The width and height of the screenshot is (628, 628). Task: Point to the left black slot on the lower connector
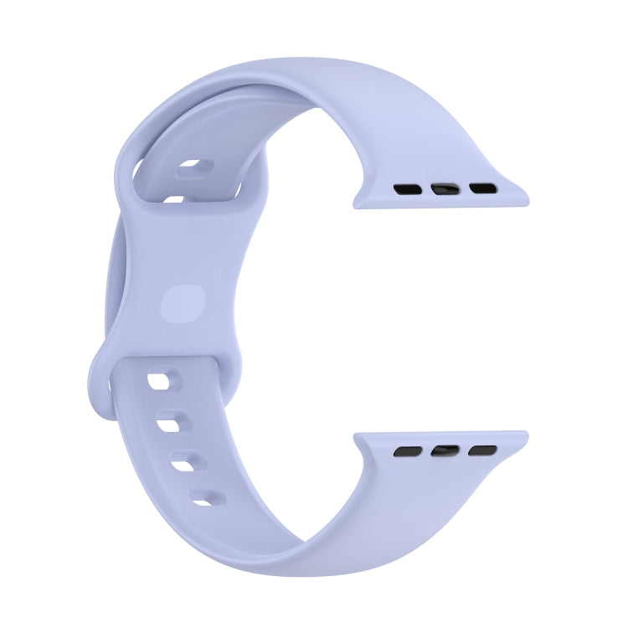pyautogui.click(x=408, y=451)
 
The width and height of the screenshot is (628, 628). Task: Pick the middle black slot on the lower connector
pyautogui.click(x=444, y=451)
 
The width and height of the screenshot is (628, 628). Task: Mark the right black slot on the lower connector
pyautogui.click(x=480, y=451)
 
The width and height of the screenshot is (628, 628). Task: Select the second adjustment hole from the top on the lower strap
pyautogui.click(x=172, y=422)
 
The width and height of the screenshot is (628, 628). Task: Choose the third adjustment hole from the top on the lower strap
pyautogui.click(x=186, y=460)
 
